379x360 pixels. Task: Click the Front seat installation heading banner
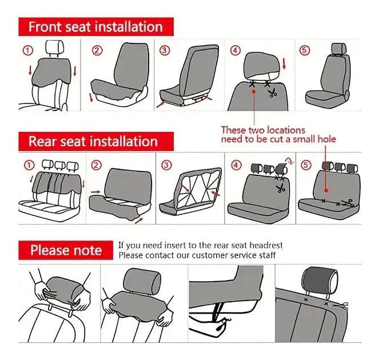[x=96, y=27]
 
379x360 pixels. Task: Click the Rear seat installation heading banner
[x=96, y=141]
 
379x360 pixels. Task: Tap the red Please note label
[x=66, y=250]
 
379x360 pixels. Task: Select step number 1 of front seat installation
[x=28, y=50]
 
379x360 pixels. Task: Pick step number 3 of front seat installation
[x=165, y=50]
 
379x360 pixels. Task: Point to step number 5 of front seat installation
[x=305, y=50]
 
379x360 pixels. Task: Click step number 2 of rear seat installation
[x=96, y=165]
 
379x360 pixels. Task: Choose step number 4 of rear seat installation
[x=236, y=165]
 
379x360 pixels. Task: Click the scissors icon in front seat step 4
[x=273, y=93]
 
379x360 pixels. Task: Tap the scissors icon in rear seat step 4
[x=280, y=188]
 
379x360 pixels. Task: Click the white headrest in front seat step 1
[x=55, y=47]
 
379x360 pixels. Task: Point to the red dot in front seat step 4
[x=254, y=91]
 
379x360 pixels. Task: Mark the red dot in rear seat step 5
[x=326, y=190]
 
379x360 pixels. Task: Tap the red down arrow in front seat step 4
[x=284, y=63]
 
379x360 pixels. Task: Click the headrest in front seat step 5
[x=338, y=49]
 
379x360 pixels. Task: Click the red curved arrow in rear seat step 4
[x=289, y=161]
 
